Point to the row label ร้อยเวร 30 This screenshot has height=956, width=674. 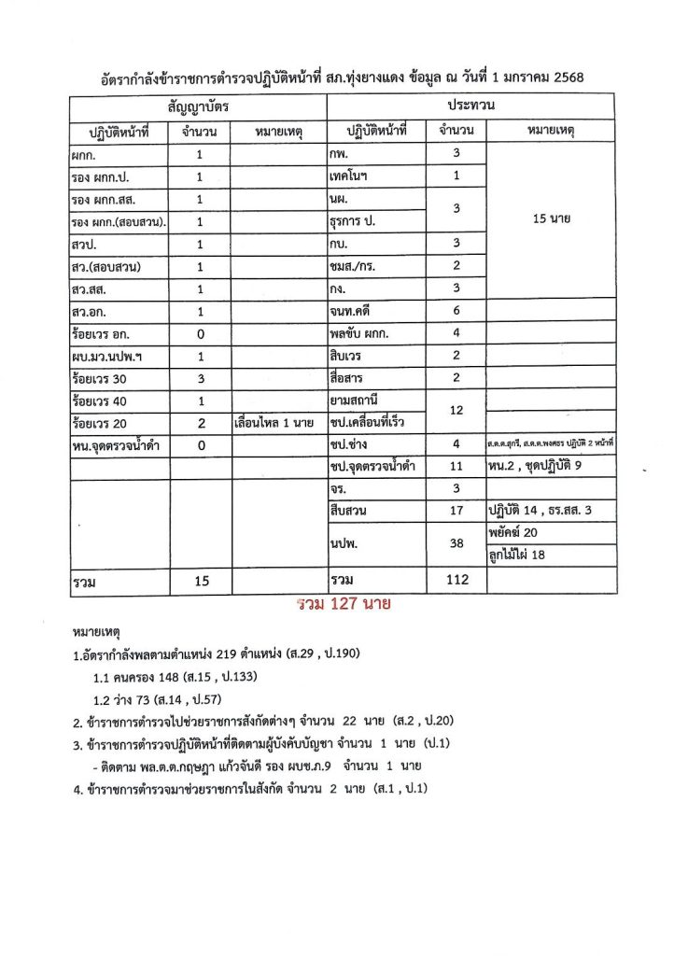point(100,378)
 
